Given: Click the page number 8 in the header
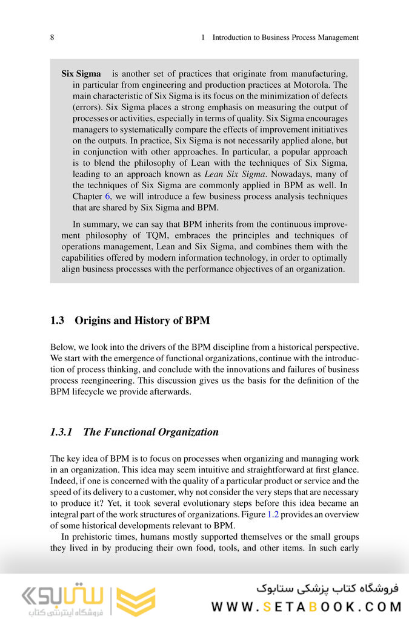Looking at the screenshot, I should click(x=53, y=38).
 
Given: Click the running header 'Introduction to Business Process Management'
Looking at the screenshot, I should click(x=285, y=38).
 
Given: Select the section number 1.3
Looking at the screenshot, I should click(x=57, y=321).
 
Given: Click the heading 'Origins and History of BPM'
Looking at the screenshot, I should click(x=142, y=321).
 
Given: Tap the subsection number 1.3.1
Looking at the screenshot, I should click(x=61, y=432).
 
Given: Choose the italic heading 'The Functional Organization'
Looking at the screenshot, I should click(x=150, y=432).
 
